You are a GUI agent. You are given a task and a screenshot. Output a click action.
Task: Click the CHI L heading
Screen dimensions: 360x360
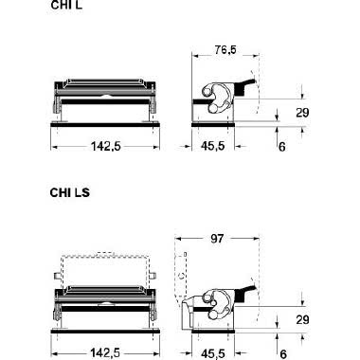pos(66,5)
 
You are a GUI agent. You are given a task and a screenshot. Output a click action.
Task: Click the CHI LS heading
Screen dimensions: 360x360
pos(70,192)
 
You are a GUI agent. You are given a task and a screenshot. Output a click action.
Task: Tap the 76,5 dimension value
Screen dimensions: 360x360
pos(225,49)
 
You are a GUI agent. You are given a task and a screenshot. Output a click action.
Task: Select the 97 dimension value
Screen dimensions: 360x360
pos(217,239)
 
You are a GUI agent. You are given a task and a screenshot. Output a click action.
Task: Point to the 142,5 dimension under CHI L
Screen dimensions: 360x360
pos(106,146)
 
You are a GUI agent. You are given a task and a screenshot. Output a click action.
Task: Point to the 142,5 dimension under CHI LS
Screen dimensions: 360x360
pos(105,352)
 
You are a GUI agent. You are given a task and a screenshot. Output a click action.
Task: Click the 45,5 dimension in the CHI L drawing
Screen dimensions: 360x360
pos(213,146)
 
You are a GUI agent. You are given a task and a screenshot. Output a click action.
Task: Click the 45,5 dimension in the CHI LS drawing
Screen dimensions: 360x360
pos(213,353)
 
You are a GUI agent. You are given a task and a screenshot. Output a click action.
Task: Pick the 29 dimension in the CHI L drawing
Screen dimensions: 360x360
pos(302,113)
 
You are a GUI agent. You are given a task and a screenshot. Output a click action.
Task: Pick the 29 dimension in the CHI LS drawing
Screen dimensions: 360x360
pos(302,319)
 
